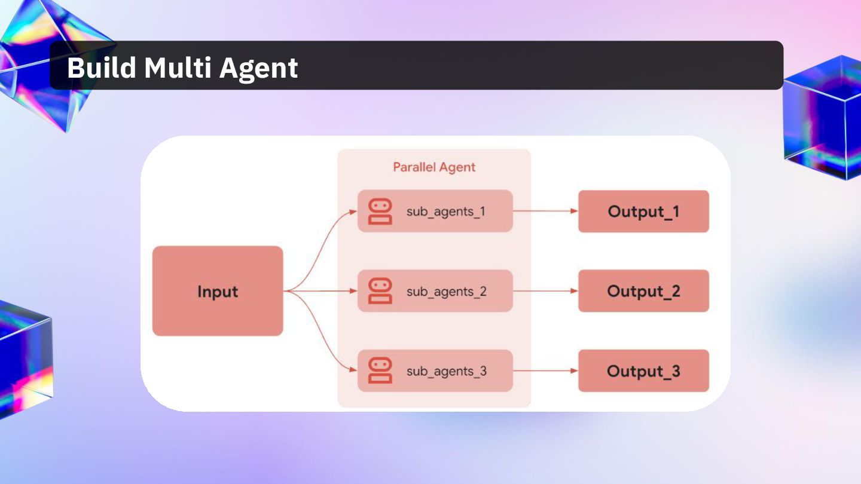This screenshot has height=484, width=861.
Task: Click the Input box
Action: tap(218, 291)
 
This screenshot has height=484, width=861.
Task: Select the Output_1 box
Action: tap(643, 212)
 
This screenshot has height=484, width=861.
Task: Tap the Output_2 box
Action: tap(643, 291)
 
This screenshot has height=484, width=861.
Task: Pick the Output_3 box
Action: tap(643, 371)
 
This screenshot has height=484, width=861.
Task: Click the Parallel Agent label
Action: tap(434, 167)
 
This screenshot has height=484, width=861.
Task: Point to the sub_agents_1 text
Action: tap(446, 212)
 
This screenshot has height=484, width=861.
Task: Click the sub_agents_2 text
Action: tap(446, 292)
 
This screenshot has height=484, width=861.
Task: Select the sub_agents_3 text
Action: tap(446, 371)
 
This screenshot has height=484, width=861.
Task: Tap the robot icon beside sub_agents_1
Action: tap(380, 212)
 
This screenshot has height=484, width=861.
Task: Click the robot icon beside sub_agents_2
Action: tap(380, 291)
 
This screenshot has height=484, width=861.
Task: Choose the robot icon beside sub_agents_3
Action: tap(380, 370)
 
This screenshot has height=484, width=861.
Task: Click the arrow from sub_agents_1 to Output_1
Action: tap(545, 211)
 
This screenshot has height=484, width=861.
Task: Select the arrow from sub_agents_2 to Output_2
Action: tap(545, 291)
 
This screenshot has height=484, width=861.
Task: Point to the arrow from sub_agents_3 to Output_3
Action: tap(545, 371)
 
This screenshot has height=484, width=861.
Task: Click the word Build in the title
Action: tap(100, 68)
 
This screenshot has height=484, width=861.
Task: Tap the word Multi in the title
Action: tap(177, 68)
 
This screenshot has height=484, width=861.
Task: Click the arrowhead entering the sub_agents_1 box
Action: tap(353, 212)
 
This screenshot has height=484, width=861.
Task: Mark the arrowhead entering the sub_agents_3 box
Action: tap(353, 371)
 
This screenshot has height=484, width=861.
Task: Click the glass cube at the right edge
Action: tap(824, 117)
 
